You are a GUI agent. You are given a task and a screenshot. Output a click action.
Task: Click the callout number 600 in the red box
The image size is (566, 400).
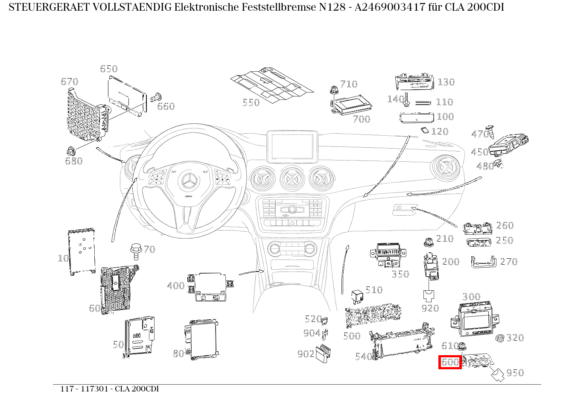(450, 362)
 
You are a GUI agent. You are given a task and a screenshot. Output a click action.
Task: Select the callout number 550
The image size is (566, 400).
(251, 102)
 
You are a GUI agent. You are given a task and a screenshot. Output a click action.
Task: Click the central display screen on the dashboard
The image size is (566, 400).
(292, 146)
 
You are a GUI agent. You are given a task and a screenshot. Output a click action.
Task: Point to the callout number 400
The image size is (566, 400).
(175, 286)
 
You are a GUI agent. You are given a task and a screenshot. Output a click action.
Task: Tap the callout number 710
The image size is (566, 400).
(349, 84)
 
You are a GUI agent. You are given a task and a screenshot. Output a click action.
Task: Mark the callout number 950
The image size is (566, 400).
(515, 373)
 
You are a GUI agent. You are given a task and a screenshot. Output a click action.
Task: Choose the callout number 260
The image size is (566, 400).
(505, 225)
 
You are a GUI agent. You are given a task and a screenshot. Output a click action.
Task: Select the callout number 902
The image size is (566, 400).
(306, 353)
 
